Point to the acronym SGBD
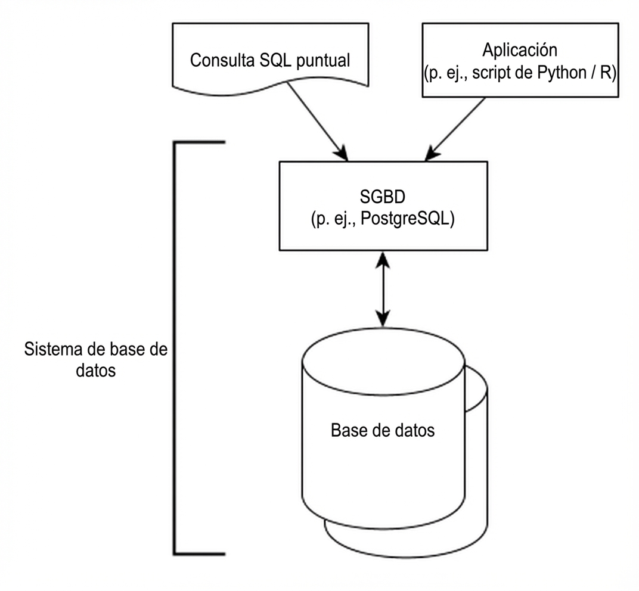382,197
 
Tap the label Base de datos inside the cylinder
382,430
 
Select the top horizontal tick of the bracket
199,143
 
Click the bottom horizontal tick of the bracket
199,552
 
